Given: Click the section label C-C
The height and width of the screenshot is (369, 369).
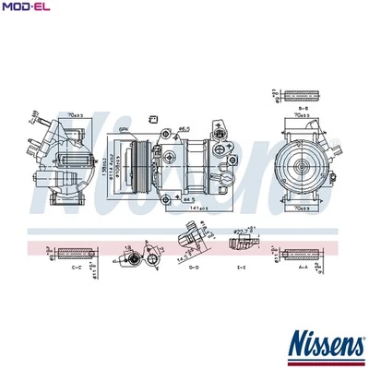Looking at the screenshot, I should click(77, 268).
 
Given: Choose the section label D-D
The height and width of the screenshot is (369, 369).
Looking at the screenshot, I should click(194, 268).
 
